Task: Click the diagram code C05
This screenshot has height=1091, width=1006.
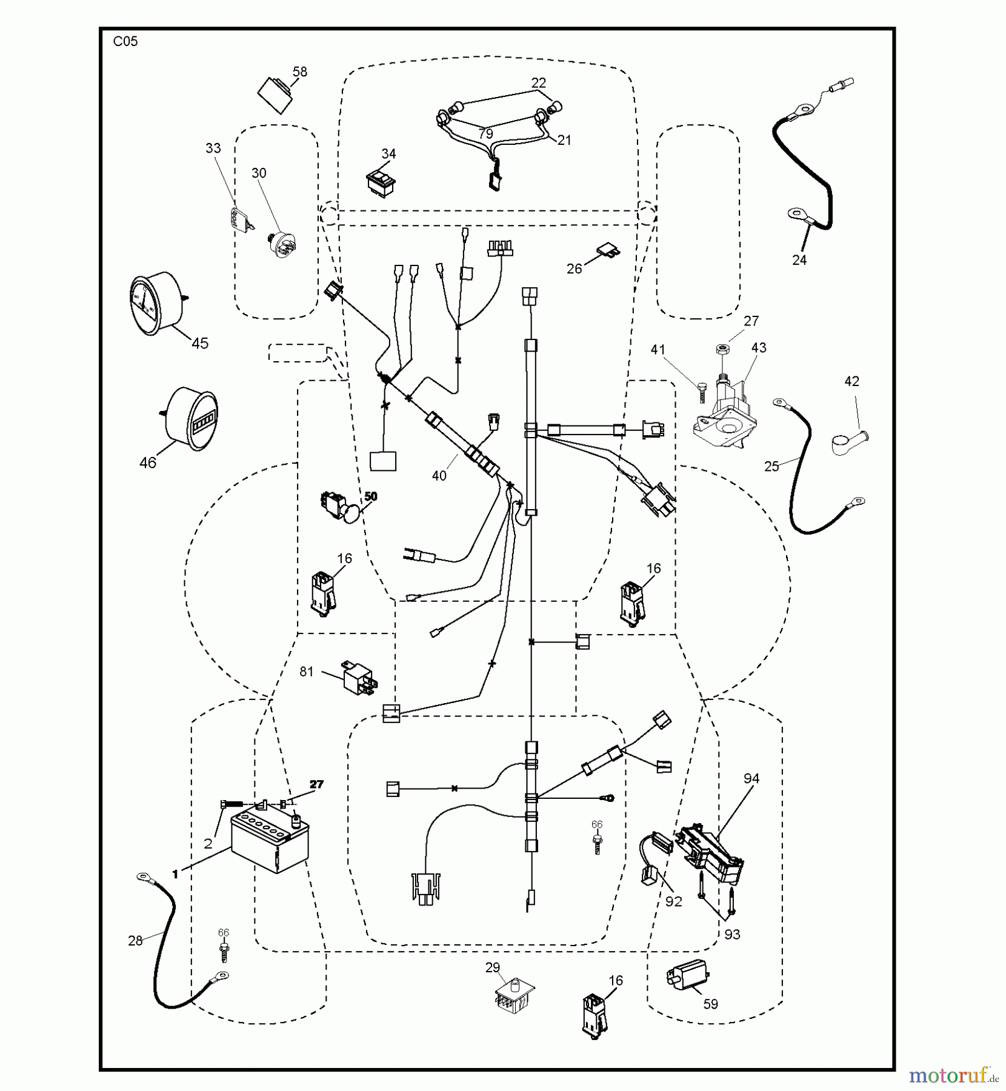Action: pyautogui.click(x=125, y=42)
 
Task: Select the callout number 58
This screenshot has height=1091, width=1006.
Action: pyautogui.click(x=299, y=72)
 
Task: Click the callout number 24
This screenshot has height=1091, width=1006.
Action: pyautogui.click(x=799, y=260)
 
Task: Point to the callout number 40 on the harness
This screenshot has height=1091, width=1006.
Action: pyautogui.click(x=439, y=476)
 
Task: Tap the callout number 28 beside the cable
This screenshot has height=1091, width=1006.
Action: pyautogui.click(x=135, y=940)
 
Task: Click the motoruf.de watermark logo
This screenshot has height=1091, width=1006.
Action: pyautogui.click(x=954, y=1075)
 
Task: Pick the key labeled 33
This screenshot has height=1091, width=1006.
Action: pyautogui.click(x=239, y=218)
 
